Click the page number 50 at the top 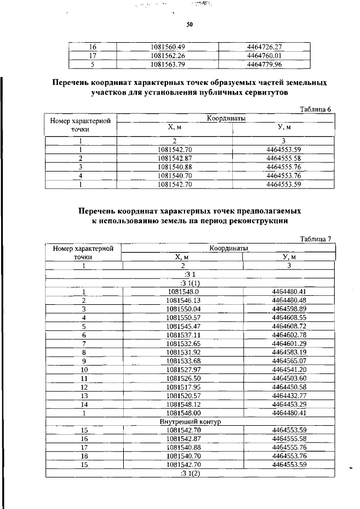tap(190, 25)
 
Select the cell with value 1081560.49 tap(168, 47)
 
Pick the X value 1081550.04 tap(183, 309)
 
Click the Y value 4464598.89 tap(288, 309)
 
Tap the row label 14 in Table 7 tap(84, 403)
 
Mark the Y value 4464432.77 tap(288, 395)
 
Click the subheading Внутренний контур tap(190, 421)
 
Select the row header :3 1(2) tap(190, 472)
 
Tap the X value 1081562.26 tap(168, 55)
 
